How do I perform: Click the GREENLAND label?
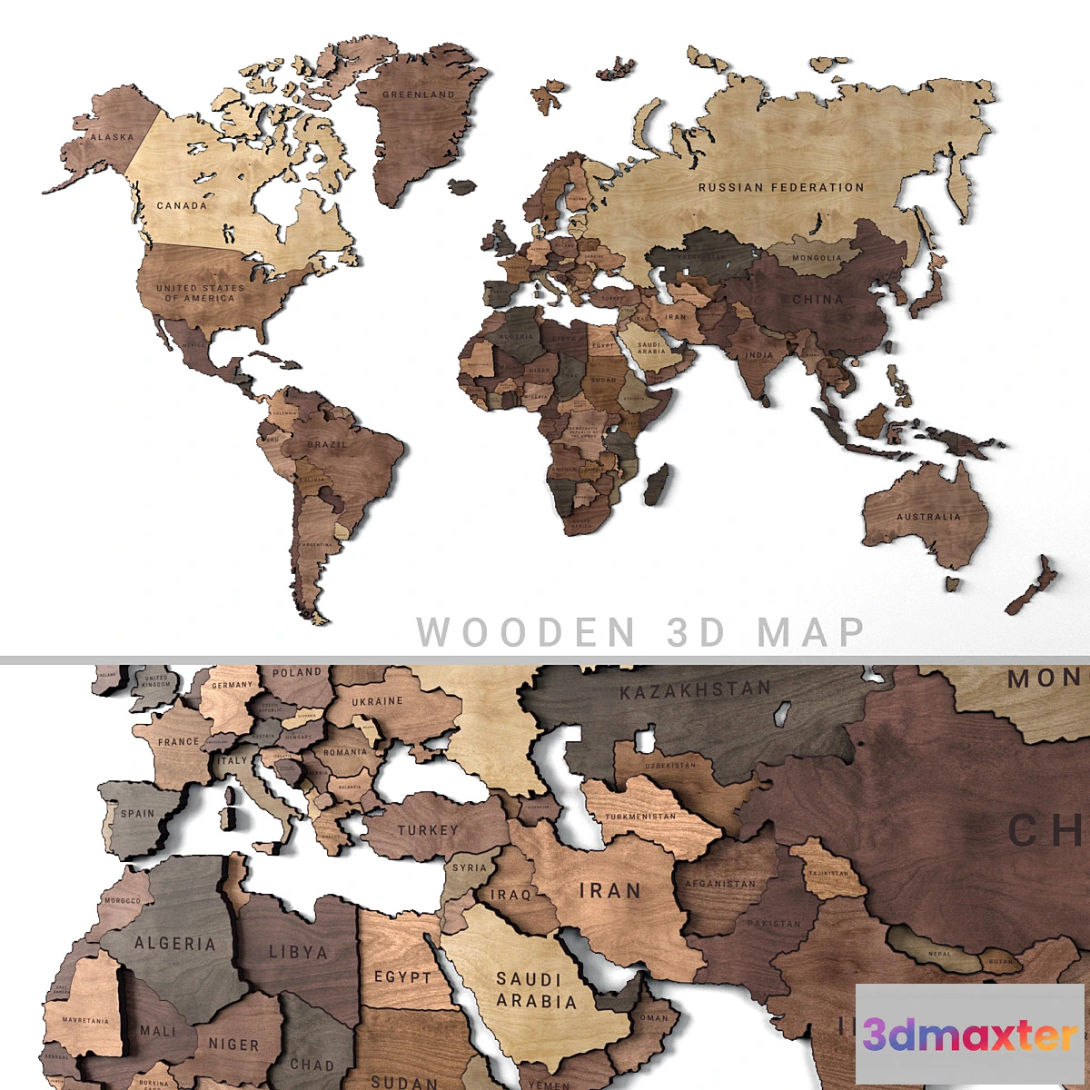(418, 94)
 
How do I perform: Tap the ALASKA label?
(112, 137)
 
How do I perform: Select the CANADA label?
(182, 205)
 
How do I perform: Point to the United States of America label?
(200, 292)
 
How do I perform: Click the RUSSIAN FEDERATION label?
(781, 187)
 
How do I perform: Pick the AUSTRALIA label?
(928, 517)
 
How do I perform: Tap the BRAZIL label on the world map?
(327, 444)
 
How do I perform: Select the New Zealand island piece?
(1033, 586)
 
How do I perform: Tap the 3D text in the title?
(697, 631)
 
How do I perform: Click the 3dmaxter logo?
(969, 1035)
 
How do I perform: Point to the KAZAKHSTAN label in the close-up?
(695, 690)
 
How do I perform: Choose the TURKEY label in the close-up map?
(428, 829)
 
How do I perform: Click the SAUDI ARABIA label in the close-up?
(536, 990)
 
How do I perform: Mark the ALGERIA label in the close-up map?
(175, 944)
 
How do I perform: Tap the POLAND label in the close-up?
(297, 673)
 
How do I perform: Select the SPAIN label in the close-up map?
(138, 814)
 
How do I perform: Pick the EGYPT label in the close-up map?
(403, 977)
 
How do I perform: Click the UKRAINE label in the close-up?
(377, 701)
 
